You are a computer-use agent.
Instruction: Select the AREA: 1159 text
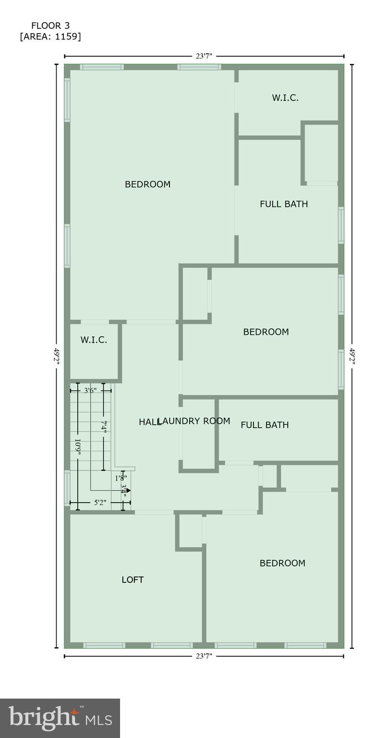(50, 37)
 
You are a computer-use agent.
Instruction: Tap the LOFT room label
(133, 580)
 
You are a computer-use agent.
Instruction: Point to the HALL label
(149, 422)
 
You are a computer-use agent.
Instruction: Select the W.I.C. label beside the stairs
(94, 340)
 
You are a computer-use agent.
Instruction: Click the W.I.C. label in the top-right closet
(285, 98)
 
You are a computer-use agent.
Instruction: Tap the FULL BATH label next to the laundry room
(265, 425)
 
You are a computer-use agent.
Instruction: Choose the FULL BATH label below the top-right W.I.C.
(284, 204)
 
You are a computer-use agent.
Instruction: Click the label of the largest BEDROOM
(147, 184)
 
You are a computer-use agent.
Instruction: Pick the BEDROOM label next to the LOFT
(282, 563)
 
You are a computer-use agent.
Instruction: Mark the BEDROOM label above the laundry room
(266, 332)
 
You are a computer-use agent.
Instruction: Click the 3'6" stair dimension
(90, 391)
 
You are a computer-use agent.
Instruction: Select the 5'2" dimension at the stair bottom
(99, 503)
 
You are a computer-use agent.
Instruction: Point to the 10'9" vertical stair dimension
(78, 447)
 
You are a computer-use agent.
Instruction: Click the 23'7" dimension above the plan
(204, 56)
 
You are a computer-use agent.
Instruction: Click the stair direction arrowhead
(128, 491)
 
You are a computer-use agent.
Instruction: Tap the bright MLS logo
(60, 718)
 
